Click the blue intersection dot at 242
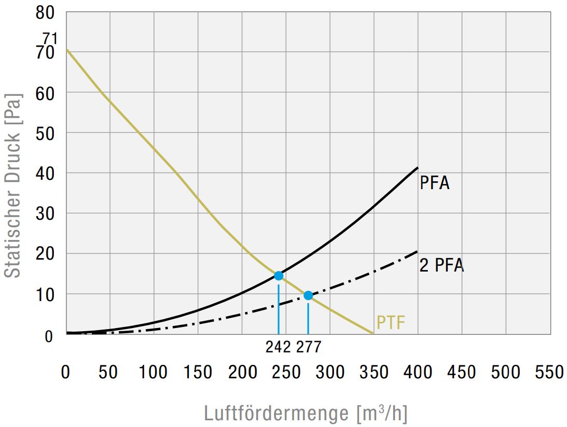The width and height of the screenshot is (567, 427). [279, 275]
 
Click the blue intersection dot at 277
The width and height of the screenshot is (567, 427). [308, 295]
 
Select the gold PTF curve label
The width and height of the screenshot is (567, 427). [391, 323]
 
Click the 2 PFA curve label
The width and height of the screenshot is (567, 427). [441, 265]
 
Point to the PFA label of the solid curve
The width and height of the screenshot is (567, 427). [434, 183]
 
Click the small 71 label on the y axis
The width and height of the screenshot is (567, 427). [50, 38]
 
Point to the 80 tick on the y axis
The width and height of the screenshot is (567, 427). [45, 12]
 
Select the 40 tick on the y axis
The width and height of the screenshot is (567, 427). [45, 173]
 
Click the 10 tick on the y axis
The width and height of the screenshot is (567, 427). [45, 294]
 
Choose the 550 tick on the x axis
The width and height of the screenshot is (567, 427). [549, 372]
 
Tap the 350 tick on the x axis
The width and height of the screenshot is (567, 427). [374, 372]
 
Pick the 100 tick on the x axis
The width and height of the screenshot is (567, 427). [154, 372]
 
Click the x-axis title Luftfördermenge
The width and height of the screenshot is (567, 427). [306, 414]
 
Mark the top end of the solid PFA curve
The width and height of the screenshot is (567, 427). [418, 167]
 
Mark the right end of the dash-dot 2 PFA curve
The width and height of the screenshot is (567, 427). [417, 252]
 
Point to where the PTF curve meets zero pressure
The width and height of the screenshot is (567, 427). [374, 334]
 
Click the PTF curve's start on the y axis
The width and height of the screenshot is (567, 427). [67, 50]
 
